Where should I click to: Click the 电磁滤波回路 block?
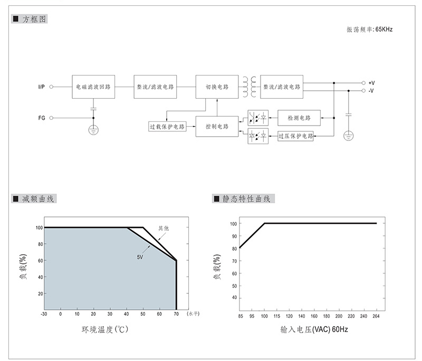(93, 87)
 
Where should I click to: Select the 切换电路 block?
(217, 87)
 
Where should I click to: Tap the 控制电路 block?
(217, 127)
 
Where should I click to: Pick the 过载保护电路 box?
(167, 127)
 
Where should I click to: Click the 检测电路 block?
(299, 118)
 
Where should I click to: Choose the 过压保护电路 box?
(295, 136)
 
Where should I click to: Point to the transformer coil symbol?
(250, 87)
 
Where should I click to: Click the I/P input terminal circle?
(51, 87)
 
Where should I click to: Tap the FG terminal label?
(42, 118)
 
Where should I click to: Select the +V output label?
(372, 83)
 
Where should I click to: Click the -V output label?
(371, 91)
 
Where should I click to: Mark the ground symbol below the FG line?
(93, 130)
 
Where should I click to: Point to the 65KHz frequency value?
(384, 30)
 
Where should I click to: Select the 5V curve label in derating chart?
(140, 257)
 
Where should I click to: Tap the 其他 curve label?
(164, 229)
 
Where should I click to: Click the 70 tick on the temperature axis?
(176, 314)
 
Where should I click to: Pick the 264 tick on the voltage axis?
(376, 316)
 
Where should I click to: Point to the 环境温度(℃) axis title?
(105, 329)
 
